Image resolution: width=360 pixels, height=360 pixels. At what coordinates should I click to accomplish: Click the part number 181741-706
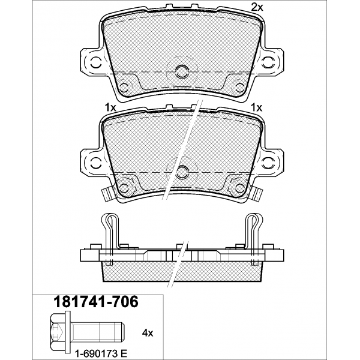(96, 302)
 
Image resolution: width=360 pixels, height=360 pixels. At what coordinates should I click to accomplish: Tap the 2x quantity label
(257, 8)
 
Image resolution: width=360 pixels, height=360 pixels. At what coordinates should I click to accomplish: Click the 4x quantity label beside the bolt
(148, 333)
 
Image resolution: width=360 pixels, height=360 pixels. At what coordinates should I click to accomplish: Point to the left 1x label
(110, 107)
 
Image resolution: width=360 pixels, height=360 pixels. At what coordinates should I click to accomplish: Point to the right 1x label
(257, 107)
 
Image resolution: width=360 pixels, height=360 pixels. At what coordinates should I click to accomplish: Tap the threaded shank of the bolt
(98, 333)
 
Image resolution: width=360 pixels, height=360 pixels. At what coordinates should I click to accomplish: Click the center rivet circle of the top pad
(182, 71)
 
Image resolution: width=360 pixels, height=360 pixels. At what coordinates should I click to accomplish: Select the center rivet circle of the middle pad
(182, 172)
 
